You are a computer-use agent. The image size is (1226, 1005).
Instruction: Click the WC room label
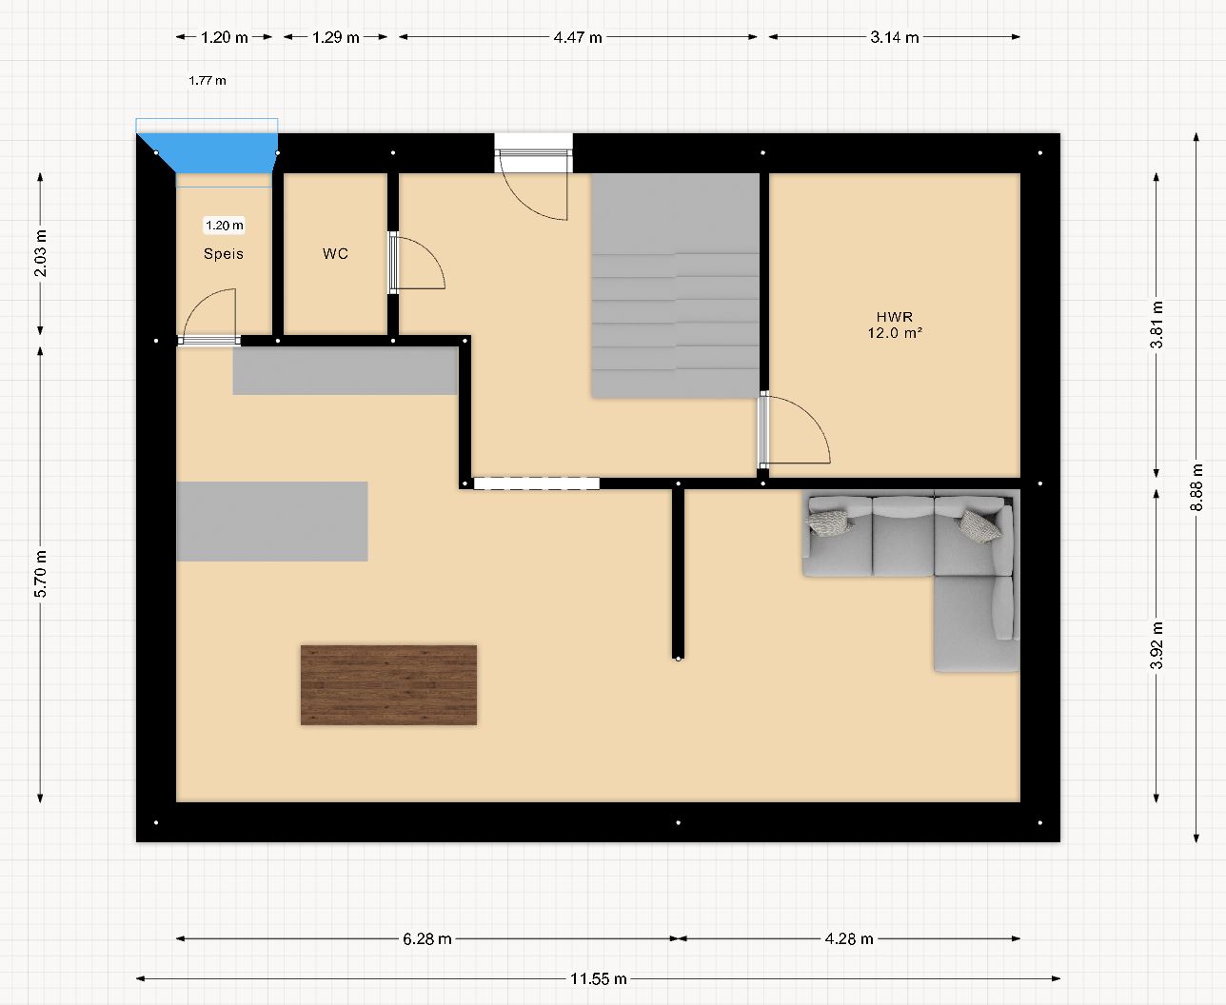pyautogui.click(x=335, y=253)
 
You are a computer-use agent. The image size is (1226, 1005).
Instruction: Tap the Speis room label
pyautogui.click(x=224, y=254)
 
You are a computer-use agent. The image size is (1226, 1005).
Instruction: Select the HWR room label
pyautogui.click(x=895, y=317)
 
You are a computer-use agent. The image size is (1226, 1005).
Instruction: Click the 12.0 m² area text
pyautogui.click(x=895, y=333)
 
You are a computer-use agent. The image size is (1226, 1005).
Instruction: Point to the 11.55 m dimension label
pyautogui.click(x=598, y=979)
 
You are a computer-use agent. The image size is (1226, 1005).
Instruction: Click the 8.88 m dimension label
pyautogui.click(x=1196, y=487)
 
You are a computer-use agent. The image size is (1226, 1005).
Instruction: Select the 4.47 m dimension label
pyautogui.click(x=578, y=37)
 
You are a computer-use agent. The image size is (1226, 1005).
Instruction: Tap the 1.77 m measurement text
pyautogui.click(x=208, y=80)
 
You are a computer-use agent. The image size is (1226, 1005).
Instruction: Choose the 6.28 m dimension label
pyautogui.click(x=427, y=938)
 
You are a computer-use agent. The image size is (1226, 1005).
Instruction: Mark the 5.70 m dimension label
pyautogui.click(x=40, y=574)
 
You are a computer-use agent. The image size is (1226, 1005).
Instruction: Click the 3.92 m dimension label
pyautogui.click(x=1157, y=645)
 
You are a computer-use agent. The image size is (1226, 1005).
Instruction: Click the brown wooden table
pyautogui.click(x=388, y=684)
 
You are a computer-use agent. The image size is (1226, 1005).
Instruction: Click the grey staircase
pyautogui.click(x=676, y=286)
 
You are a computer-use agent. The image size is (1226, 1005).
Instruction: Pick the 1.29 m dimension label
pyautogui.click(x=335, y=37)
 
